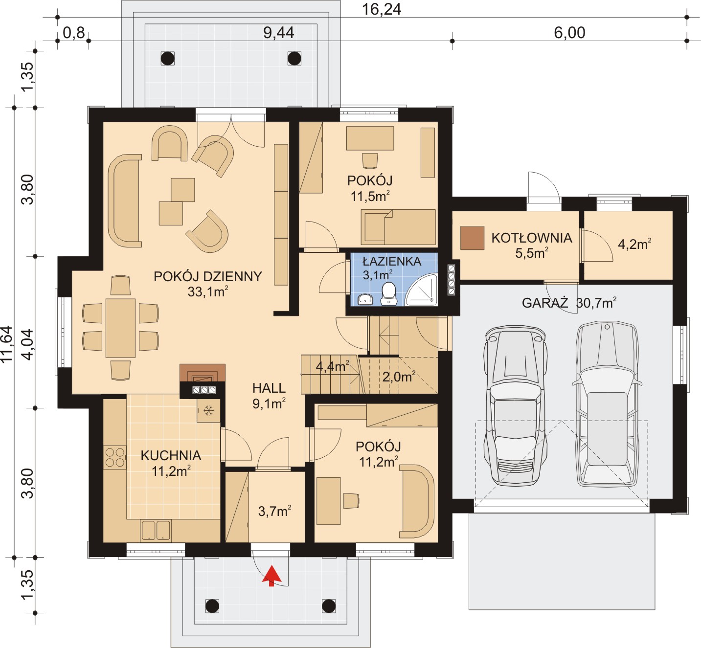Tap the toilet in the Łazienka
coord(388,293)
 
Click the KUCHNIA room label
coord(171,455)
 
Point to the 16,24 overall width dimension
coord(382,9)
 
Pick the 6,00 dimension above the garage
coord(569,33)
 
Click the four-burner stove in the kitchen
coord(115,457)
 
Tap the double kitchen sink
coord(156,531)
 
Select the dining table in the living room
coord(120,328)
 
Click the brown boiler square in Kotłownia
coord(472,238)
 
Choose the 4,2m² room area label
coord(634,244)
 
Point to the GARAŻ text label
coord(545,303)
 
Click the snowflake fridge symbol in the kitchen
coord(209,410)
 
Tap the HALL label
coord(269,388)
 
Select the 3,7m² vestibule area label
coord(274,511)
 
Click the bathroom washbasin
coord(365,299)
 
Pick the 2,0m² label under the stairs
coord(399,377)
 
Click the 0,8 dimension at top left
coord(74,33)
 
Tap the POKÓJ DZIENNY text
coord(208,276)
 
